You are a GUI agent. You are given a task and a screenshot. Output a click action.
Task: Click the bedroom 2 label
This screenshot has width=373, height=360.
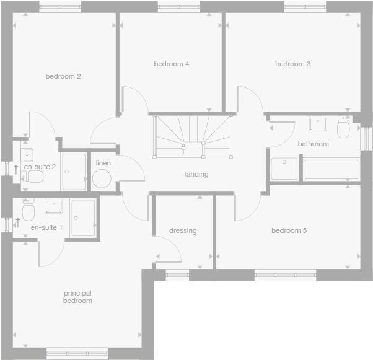click(63, 77)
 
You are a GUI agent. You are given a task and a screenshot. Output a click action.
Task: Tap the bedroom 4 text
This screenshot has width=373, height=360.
click(172, 64)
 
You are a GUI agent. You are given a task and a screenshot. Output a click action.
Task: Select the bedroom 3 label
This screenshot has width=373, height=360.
click(293, 64)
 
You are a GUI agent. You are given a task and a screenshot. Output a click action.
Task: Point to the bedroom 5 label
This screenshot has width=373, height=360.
click(289, 231)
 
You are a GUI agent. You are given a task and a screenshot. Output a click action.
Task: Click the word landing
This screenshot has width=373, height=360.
click(196, 175)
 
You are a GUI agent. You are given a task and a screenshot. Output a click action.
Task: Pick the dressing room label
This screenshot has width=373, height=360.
click(183, 231)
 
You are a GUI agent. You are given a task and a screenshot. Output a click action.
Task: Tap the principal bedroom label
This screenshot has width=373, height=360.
click(77, 297)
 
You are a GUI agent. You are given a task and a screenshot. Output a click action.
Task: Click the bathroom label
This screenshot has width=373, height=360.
click(314, 144)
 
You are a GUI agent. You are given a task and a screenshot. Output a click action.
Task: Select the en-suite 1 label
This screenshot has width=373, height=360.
click(46, 228)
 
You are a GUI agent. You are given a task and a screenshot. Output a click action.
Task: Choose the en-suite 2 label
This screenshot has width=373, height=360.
click(40, 167)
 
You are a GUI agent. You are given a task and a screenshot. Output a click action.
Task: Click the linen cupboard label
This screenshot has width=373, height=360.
click(103, 163)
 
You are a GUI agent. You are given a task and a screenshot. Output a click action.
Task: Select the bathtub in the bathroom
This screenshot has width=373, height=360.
click(330, 170)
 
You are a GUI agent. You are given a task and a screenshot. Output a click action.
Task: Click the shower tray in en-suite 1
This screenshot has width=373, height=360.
click(83, 217)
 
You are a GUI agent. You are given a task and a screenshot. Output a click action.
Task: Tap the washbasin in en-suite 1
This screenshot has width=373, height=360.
click(53, 206)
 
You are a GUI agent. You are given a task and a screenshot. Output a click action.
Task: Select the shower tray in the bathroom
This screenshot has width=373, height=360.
click(284, 169)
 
